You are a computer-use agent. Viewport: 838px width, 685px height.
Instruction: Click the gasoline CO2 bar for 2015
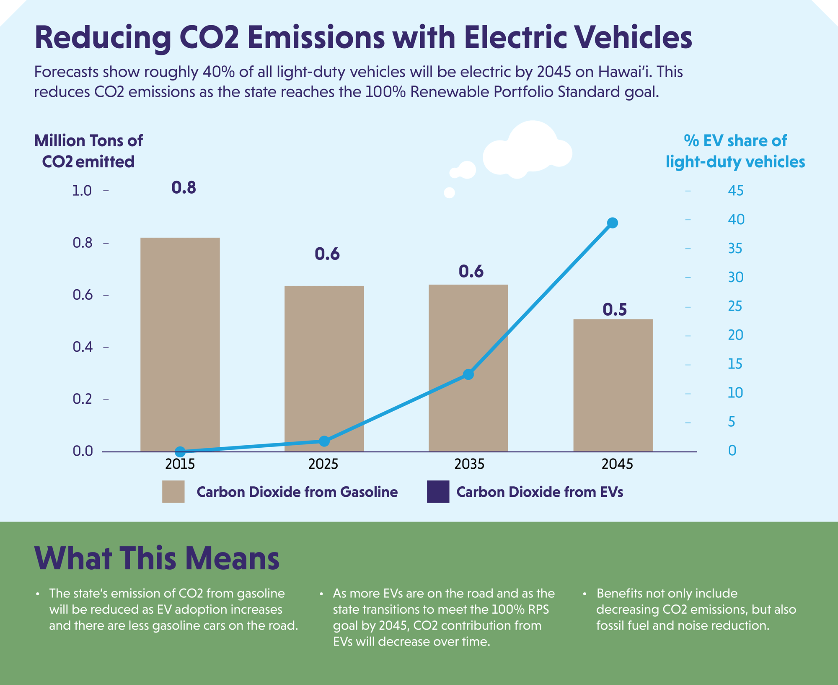[180, 344]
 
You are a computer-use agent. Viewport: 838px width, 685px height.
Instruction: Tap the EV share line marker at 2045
[612, 223]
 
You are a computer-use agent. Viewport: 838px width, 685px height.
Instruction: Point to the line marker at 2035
[468, 374]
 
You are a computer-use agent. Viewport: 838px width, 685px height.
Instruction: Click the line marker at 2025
[324, 441]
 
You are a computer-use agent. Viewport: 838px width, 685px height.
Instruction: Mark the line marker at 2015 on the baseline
[180, 451]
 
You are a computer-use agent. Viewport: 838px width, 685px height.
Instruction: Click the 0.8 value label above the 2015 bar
[184, 187]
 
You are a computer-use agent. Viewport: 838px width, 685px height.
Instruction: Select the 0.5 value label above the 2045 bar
[614, 309]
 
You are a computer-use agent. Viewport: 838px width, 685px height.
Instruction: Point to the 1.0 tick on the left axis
[82, 191]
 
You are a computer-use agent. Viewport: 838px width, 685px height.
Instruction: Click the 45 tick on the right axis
[735, 191]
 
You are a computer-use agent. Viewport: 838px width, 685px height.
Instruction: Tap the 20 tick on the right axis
[735, 335]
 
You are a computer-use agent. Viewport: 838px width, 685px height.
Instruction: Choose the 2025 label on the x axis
[323, 464]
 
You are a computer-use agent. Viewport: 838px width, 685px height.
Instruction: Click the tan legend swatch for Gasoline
[173, 491]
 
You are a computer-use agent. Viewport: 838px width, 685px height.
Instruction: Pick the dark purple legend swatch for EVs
[438, 491]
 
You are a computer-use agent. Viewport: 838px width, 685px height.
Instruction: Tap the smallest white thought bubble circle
[449, 192]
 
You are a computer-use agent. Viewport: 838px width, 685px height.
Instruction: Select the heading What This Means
[157, 558]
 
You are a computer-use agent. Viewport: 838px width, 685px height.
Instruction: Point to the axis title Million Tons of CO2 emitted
[88, 151]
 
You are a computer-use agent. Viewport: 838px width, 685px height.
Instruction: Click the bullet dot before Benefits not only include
[584, 594]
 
